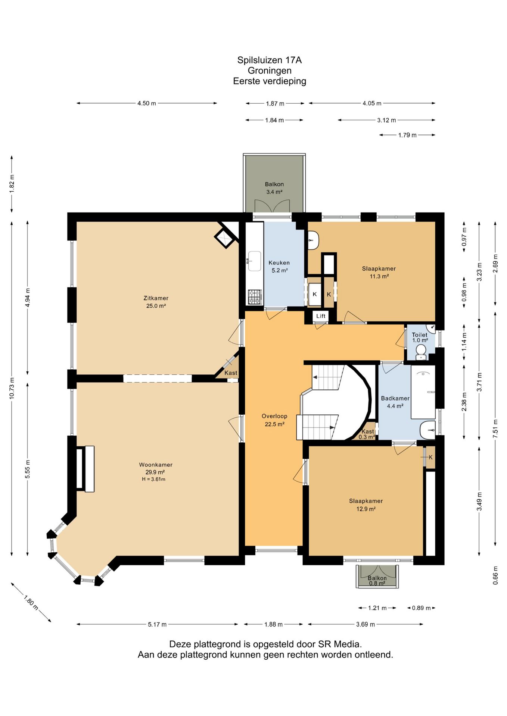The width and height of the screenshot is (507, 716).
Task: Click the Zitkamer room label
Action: click(x=156, y=298)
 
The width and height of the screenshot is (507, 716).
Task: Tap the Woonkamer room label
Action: click(x=156, y=465)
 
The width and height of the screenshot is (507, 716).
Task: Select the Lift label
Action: click(x=321, y=316)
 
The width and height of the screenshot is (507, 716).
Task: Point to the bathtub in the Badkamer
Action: click(x=423, y=392)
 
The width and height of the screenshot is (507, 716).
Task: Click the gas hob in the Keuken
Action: click(x=255, y=297)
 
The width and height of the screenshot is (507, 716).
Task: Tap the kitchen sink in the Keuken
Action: click(x=255, y=261)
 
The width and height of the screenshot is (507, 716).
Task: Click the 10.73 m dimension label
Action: click(x=12, y=388)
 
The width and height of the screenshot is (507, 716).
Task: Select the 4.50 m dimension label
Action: click(x=147, y=103)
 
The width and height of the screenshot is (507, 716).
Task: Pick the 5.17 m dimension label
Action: click(x=157, y=624)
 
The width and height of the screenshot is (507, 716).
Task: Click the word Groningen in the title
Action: click(x=270, y=70)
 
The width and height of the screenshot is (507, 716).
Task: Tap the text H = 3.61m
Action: click(x=153, y=479)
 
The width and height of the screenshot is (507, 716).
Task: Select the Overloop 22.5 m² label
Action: click(x=274, y=420)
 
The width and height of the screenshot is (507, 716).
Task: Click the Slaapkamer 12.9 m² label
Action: click(x=366, y=505)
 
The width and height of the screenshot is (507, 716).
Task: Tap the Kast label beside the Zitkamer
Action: click(x=231, y=373)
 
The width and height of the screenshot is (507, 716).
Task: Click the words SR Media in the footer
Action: click(x=340, y=644)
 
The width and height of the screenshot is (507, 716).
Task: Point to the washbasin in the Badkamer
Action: click(x=427, y=430)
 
